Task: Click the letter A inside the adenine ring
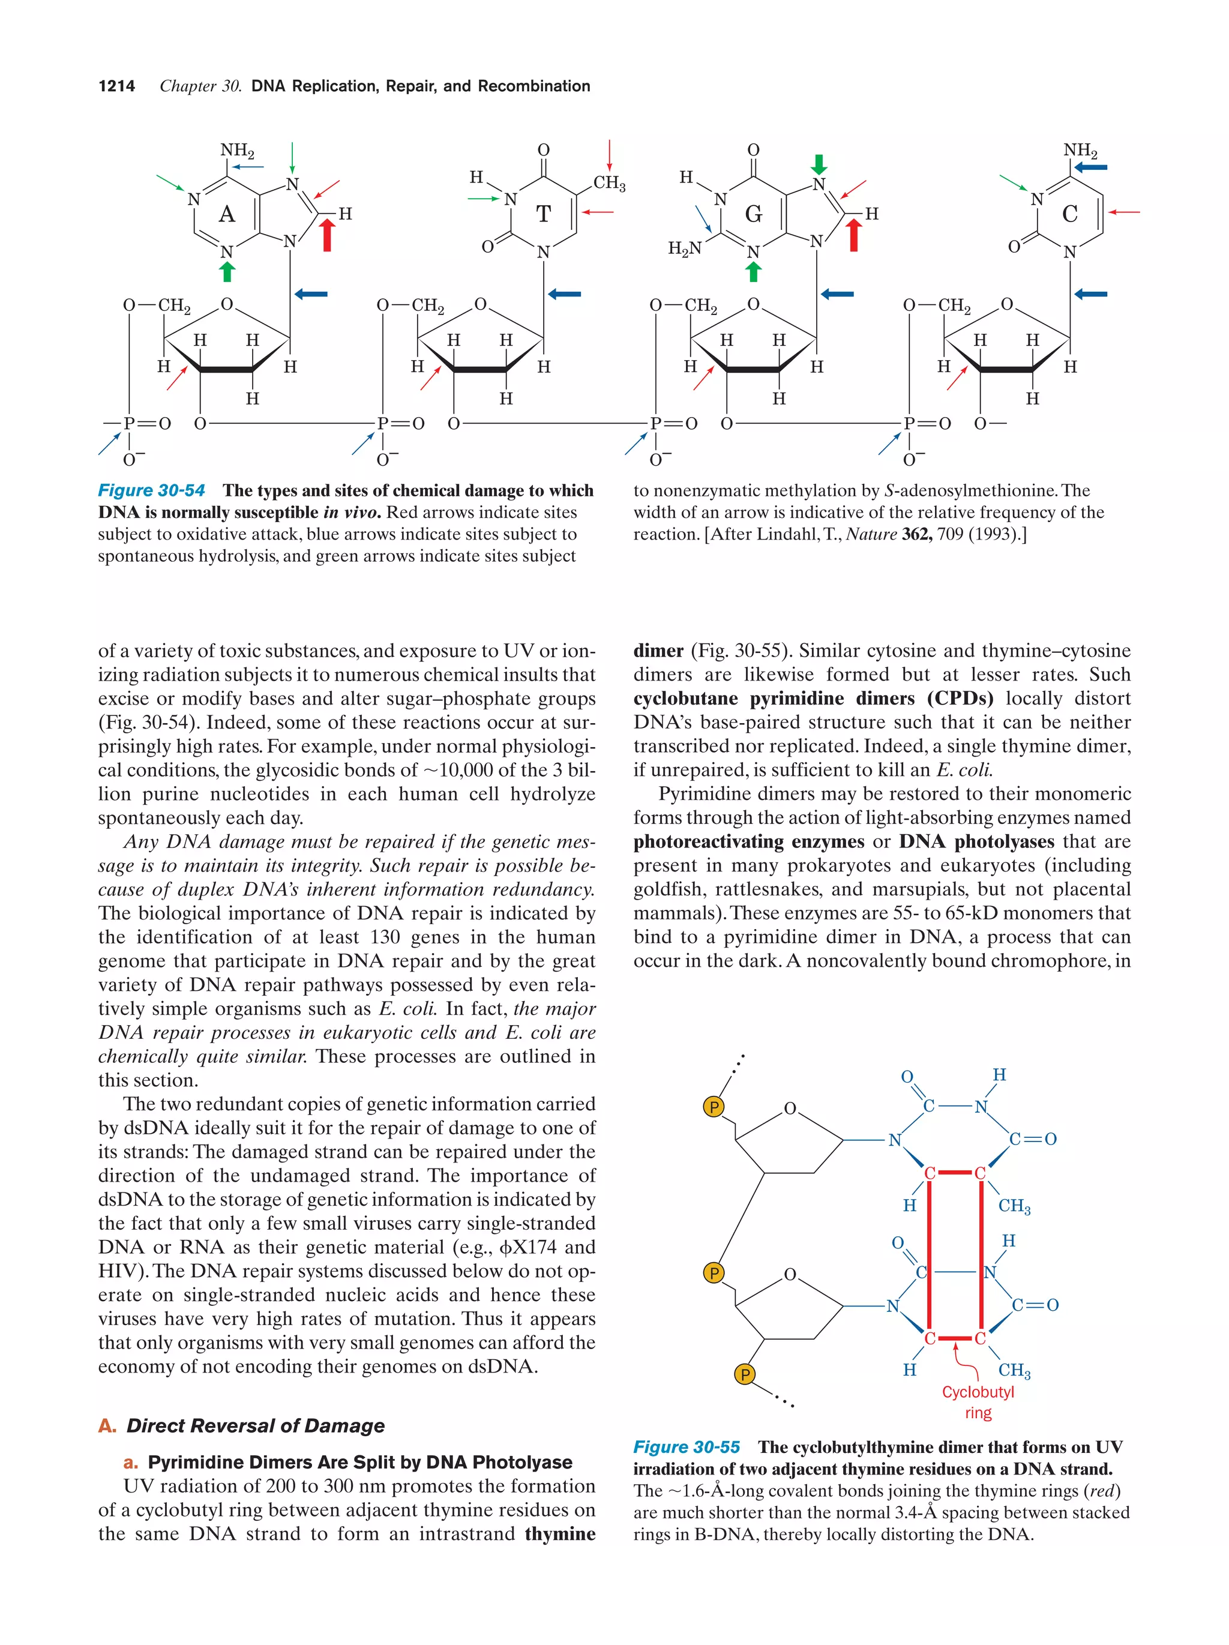227,214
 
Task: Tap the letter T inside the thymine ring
544,214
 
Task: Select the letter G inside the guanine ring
753,214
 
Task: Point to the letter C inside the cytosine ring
1070,214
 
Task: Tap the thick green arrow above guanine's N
819,164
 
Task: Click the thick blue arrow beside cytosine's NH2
1092,167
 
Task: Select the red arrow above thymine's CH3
610,155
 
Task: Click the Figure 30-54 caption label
151,491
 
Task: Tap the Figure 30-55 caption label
687,1447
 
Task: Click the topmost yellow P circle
714,1107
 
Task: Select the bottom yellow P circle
745,1374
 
